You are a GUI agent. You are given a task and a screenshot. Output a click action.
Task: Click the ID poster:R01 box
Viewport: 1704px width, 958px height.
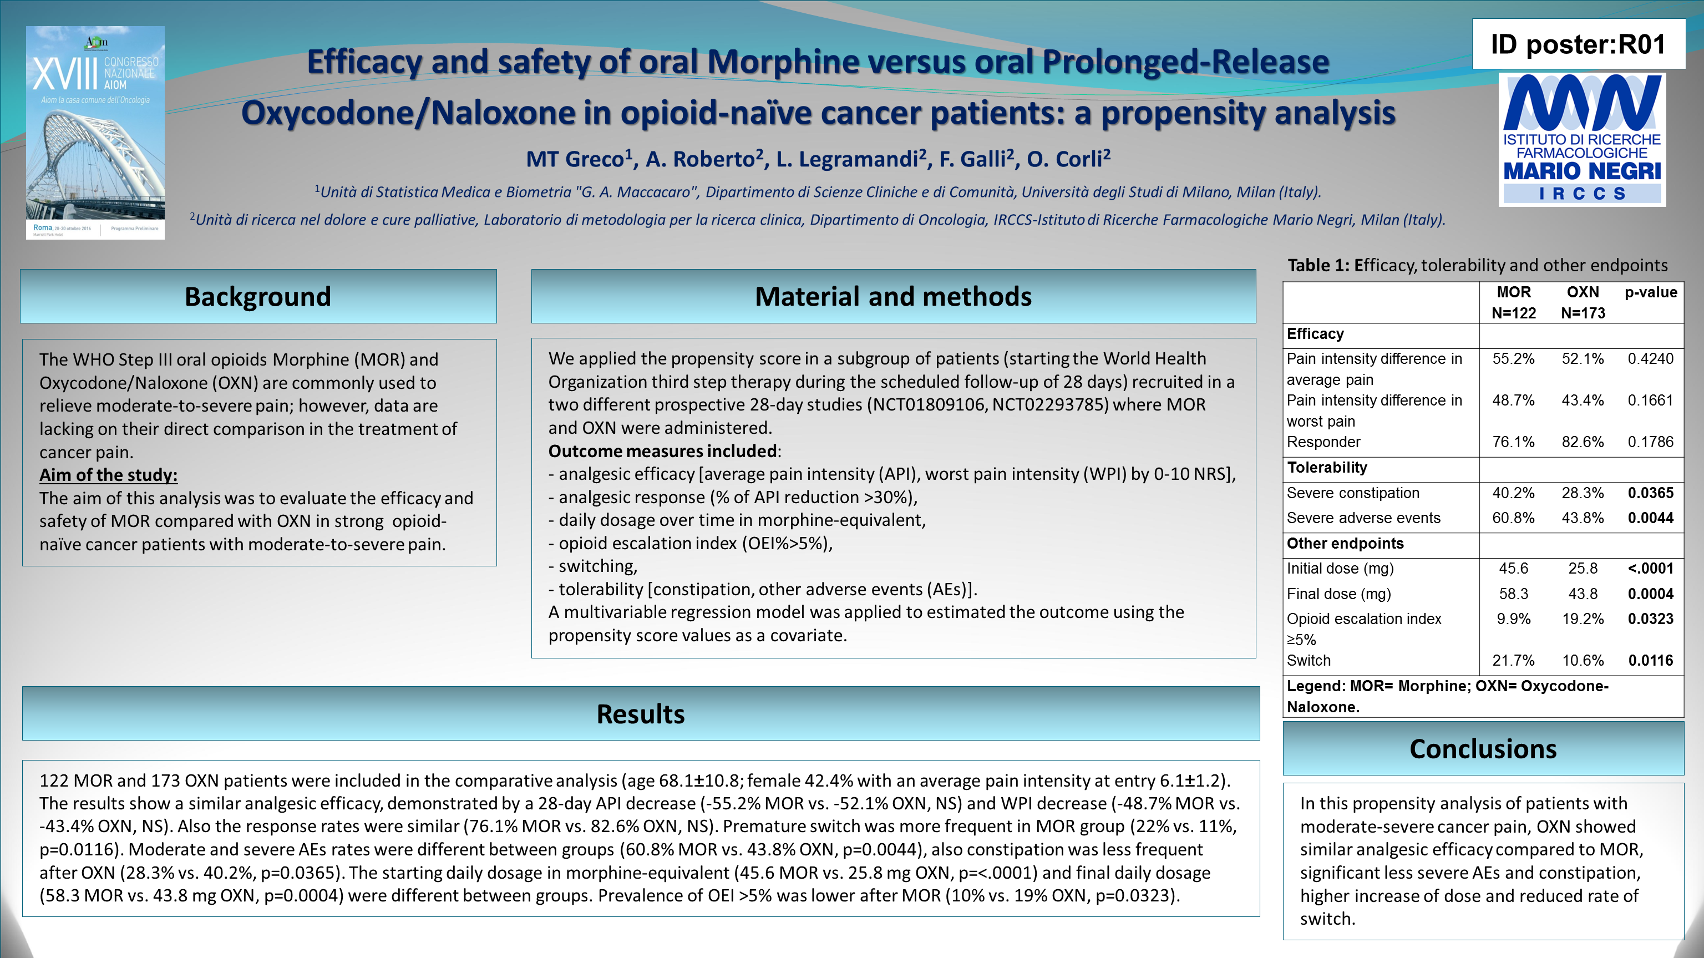coord(1578,44)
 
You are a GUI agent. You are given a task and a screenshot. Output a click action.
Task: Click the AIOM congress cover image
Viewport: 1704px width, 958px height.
coord(95,133)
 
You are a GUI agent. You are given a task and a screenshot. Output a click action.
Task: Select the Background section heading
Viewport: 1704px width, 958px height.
coord(258,296)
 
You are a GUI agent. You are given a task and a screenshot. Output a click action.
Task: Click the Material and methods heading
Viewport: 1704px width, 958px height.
coord(893,296)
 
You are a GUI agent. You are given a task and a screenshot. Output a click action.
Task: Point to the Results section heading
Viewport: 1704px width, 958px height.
coord(640,714)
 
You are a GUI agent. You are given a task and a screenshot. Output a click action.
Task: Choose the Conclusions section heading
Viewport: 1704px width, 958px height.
coord(1483,749)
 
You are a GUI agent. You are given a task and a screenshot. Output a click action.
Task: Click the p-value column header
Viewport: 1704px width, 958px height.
coord(1650,292)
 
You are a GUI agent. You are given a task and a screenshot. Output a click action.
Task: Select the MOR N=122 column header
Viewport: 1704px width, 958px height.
coord(1514,302)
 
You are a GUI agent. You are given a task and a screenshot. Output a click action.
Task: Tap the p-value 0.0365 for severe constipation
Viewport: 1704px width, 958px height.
coord(1650,493)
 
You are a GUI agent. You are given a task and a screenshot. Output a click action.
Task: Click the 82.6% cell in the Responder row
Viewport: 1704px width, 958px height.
coord(1583,442)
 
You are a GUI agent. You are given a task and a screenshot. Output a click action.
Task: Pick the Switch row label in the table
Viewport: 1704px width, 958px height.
coord(1309,660)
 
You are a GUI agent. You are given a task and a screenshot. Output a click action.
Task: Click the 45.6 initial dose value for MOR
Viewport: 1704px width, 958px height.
coord(1514,569)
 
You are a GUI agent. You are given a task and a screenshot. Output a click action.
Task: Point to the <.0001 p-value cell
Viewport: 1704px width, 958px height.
coord(1650,569)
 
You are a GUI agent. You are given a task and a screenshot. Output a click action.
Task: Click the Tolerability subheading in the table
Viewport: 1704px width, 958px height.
coord(1327,468)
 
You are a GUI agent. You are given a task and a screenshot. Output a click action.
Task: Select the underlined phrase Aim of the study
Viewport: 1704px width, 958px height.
coord(109,475)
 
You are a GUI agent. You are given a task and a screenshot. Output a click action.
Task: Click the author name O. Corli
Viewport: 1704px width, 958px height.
coord(1068,159)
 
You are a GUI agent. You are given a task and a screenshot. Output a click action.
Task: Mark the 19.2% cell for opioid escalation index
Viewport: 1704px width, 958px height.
coord(1583,619)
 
